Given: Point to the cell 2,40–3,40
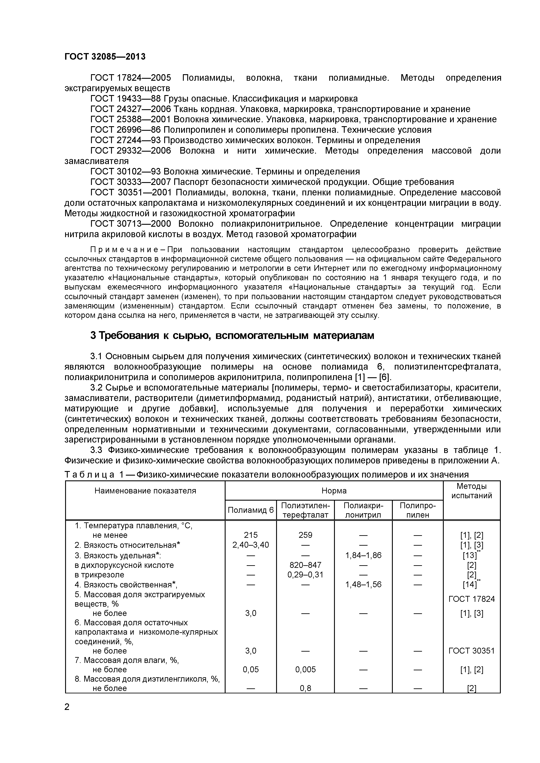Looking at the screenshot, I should pyautogui.click(x=251, y=545).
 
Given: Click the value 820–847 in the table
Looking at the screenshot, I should pyautogui.click(x=305, y=565).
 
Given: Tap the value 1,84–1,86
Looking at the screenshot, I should pyautogui.click(x=363, y=555).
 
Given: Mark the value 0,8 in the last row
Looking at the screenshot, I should pyautogui.click(x=305, y=688).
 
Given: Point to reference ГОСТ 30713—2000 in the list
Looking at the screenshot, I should pyautogui.click(x=131, y=224).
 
